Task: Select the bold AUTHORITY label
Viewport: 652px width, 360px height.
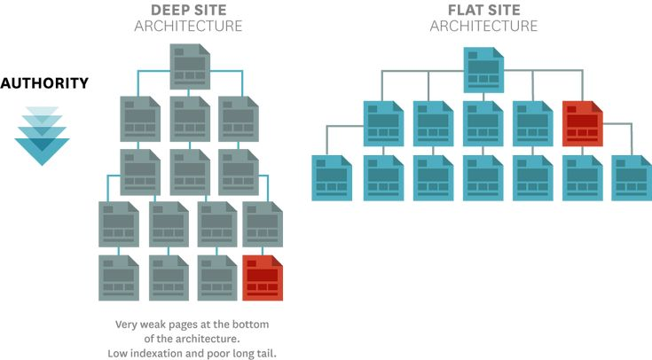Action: coord(44,83)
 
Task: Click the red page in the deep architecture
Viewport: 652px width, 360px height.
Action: coord(263,278)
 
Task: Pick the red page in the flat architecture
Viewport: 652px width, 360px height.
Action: coord(583,123)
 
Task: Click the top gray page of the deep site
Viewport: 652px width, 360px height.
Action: coord(190,67)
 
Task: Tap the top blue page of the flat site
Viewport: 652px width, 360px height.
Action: coord(484,70)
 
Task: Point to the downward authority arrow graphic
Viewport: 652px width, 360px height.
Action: coord(42,136)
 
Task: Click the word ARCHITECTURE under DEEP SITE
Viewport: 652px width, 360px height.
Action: coord(188,26)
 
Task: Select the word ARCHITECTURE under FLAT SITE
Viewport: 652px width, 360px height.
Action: coord(484,26)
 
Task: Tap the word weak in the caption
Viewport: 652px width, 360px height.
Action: coord(152,325)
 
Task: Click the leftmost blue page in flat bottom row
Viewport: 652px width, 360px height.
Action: coord(332,178)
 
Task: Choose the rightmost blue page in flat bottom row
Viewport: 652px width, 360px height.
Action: coord(632,178)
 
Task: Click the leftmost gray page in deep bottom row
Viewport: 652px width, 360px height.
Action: coord(119,278)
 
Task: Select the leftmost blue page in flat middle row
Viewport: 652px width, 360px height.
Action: coord(383,123)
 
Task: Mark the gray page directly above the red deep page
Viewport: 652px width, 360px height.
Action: coord(263,224)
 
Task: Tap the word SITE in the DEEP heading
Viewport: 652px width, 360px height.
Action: coord(212,10)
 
